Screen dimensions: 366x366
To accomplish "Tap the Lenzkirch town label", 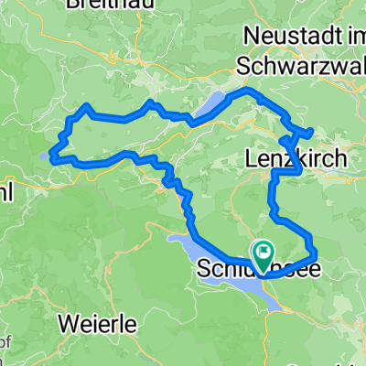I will (x=296, y=159).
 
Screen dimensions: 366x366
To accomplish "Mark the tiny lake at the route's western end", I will (x=47, y=155).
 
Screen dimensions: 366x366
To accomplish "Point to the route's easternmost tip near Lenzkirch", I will (x=313, y=132).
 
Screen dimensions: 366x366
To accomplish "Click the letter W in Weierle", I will (x=70, y=323).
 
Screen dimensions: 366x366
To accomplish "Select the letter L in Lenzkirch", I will (x=253, y=159).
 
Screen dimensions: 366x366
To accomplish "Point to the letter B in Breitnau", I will (x=72, y=4).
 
